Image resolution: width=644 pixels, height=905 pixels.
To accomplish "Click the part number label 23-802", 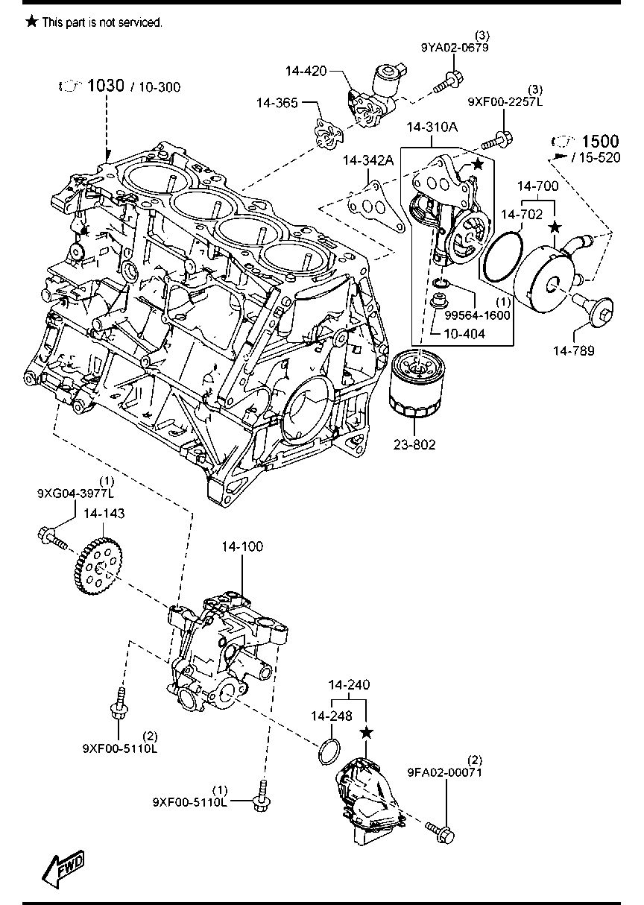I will (415, 445).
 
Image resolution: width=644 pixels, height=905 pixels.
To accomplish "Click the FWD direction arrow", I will (63, 868).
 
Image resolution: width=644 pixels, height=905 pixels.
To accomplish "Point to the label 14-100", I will (241, 547).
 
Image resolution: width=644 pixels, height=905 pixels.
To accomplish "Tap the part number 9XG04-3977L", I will (76, 494).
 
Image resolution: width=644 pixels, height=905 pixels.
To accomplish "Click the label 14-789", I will (573, 350).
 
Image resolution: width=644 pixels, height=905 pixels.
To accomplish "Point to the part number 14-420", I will (306, 72).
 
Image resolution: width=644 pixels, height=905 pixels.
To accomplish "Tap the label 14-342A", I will (367, 161).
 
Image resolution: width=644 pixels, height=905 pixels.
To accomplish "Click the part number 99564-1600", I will (479, 315).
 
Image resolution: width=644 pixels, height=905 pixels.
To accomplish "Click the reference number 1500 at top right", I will (600, 142).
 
